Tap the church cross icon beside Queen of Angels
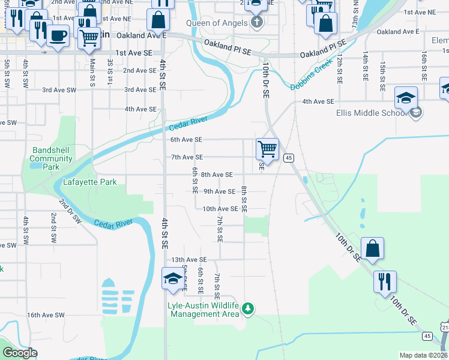click(x=257, y=23)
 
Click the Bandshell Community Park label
click(x=51, y=159)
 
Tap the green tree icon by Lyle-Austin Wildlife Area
click(x=248, y=308)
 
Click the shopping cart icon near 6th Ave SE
click(x=267, y=148)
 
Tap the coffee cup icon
click(x=58, y=35)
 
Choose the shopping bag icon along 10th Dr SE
click(x=372, y=248)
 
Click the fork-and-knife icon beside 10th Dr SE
click(x=385, y=281)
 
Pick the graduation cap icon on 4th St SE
click(x=173, y=278)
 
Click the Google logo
click(x=20, y=353)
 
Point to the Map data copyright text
click(x=423, y=355)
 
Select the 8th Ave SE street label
click(x=217, y=175)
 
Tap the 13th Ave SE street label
click(x=189, y=260)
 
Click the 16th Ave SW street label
click(x=45, y=315)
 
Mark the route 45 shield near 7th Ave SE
click(x=289, y=158)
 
